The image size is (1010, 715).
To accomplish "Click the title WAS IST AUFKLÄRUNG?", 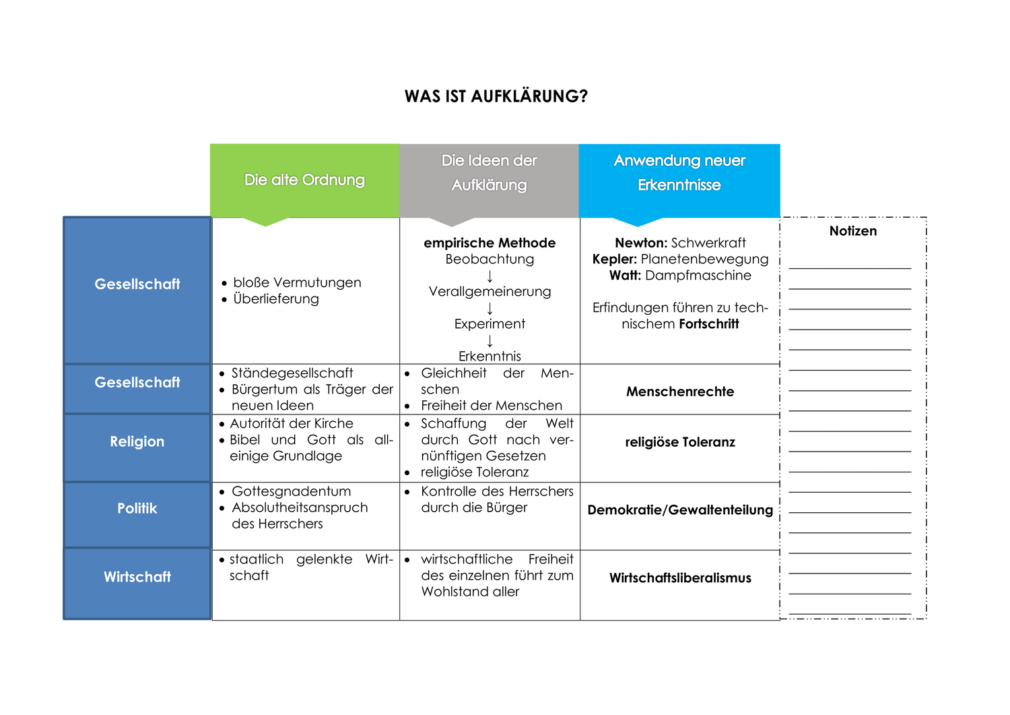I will (496, 96).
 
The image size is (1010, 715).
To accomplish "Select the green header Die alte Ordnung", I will (304, 180).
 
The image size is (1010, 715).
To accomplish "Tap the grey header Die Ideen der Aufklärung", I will (489, 173).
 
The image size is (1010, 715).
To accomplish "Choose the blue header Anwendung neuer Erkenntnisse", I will (679, 173).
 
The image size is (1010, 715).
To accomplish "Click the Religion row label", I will (137, 441).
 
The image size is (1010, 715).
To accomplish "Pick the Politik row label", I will (137, 508).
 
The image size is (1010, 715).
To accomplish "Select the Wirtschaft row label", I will (137, 577).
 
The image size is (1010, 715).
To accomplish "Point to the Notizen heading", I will (853, 231).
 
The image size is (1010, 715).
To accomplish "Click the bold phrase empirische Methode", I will (490, 243).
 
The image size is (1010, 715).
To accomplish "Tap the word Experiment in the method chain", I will (490, 323).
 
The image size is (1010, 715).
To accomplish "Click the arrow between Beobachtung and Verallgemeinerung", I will (490, 276).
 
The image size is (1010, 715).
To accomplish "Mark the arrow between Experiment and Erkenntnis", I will (490, 340).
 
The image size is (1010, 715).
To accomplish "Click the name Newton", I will (640, 243).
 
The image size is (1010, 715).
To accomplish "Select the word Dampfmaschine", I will (698, 275).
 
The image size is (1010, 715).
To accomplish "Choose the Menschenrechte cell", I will (680, 392).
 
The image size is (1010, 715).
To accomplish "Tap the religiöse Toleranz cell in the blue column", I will (680, 442).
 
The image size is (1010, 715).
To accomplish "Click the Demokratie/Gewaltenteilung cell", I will (680, 509).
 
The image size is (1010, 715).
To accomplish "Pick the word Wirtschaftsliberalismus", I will (680, 578).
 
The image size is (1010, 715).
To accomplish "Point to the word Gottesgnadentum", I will (292, 491).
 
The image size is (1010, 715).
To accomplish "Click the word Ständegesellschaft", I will (292, 373).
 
